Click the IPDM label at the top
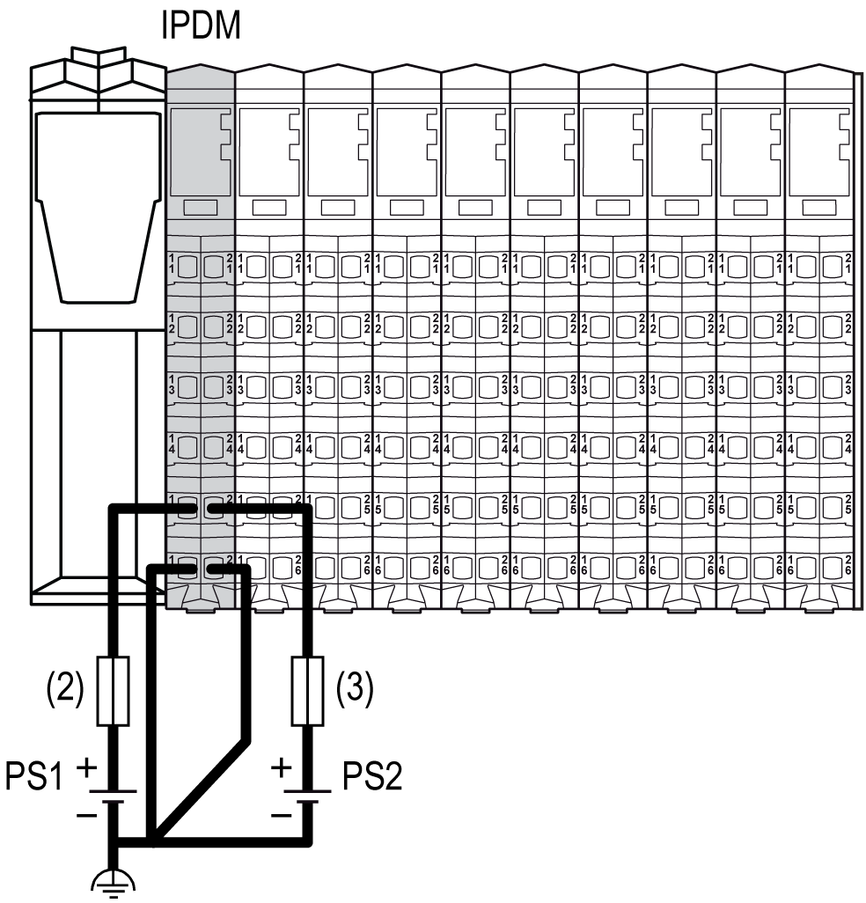click(x=201, y=26)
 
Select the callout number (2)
click(x=63, y=690)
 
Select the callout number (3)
click(x=355, y=690)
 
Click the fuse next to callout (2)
click(x=114, y=690)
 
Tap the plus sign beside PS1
click(x=88, y=766)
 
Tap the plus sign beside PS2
click(x=282, y=767)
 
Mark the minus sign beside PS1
click(x=87, y=815)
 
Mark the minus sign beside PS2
click(x=281, y=815)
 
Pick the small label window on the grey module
click(x=201, y=208)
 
